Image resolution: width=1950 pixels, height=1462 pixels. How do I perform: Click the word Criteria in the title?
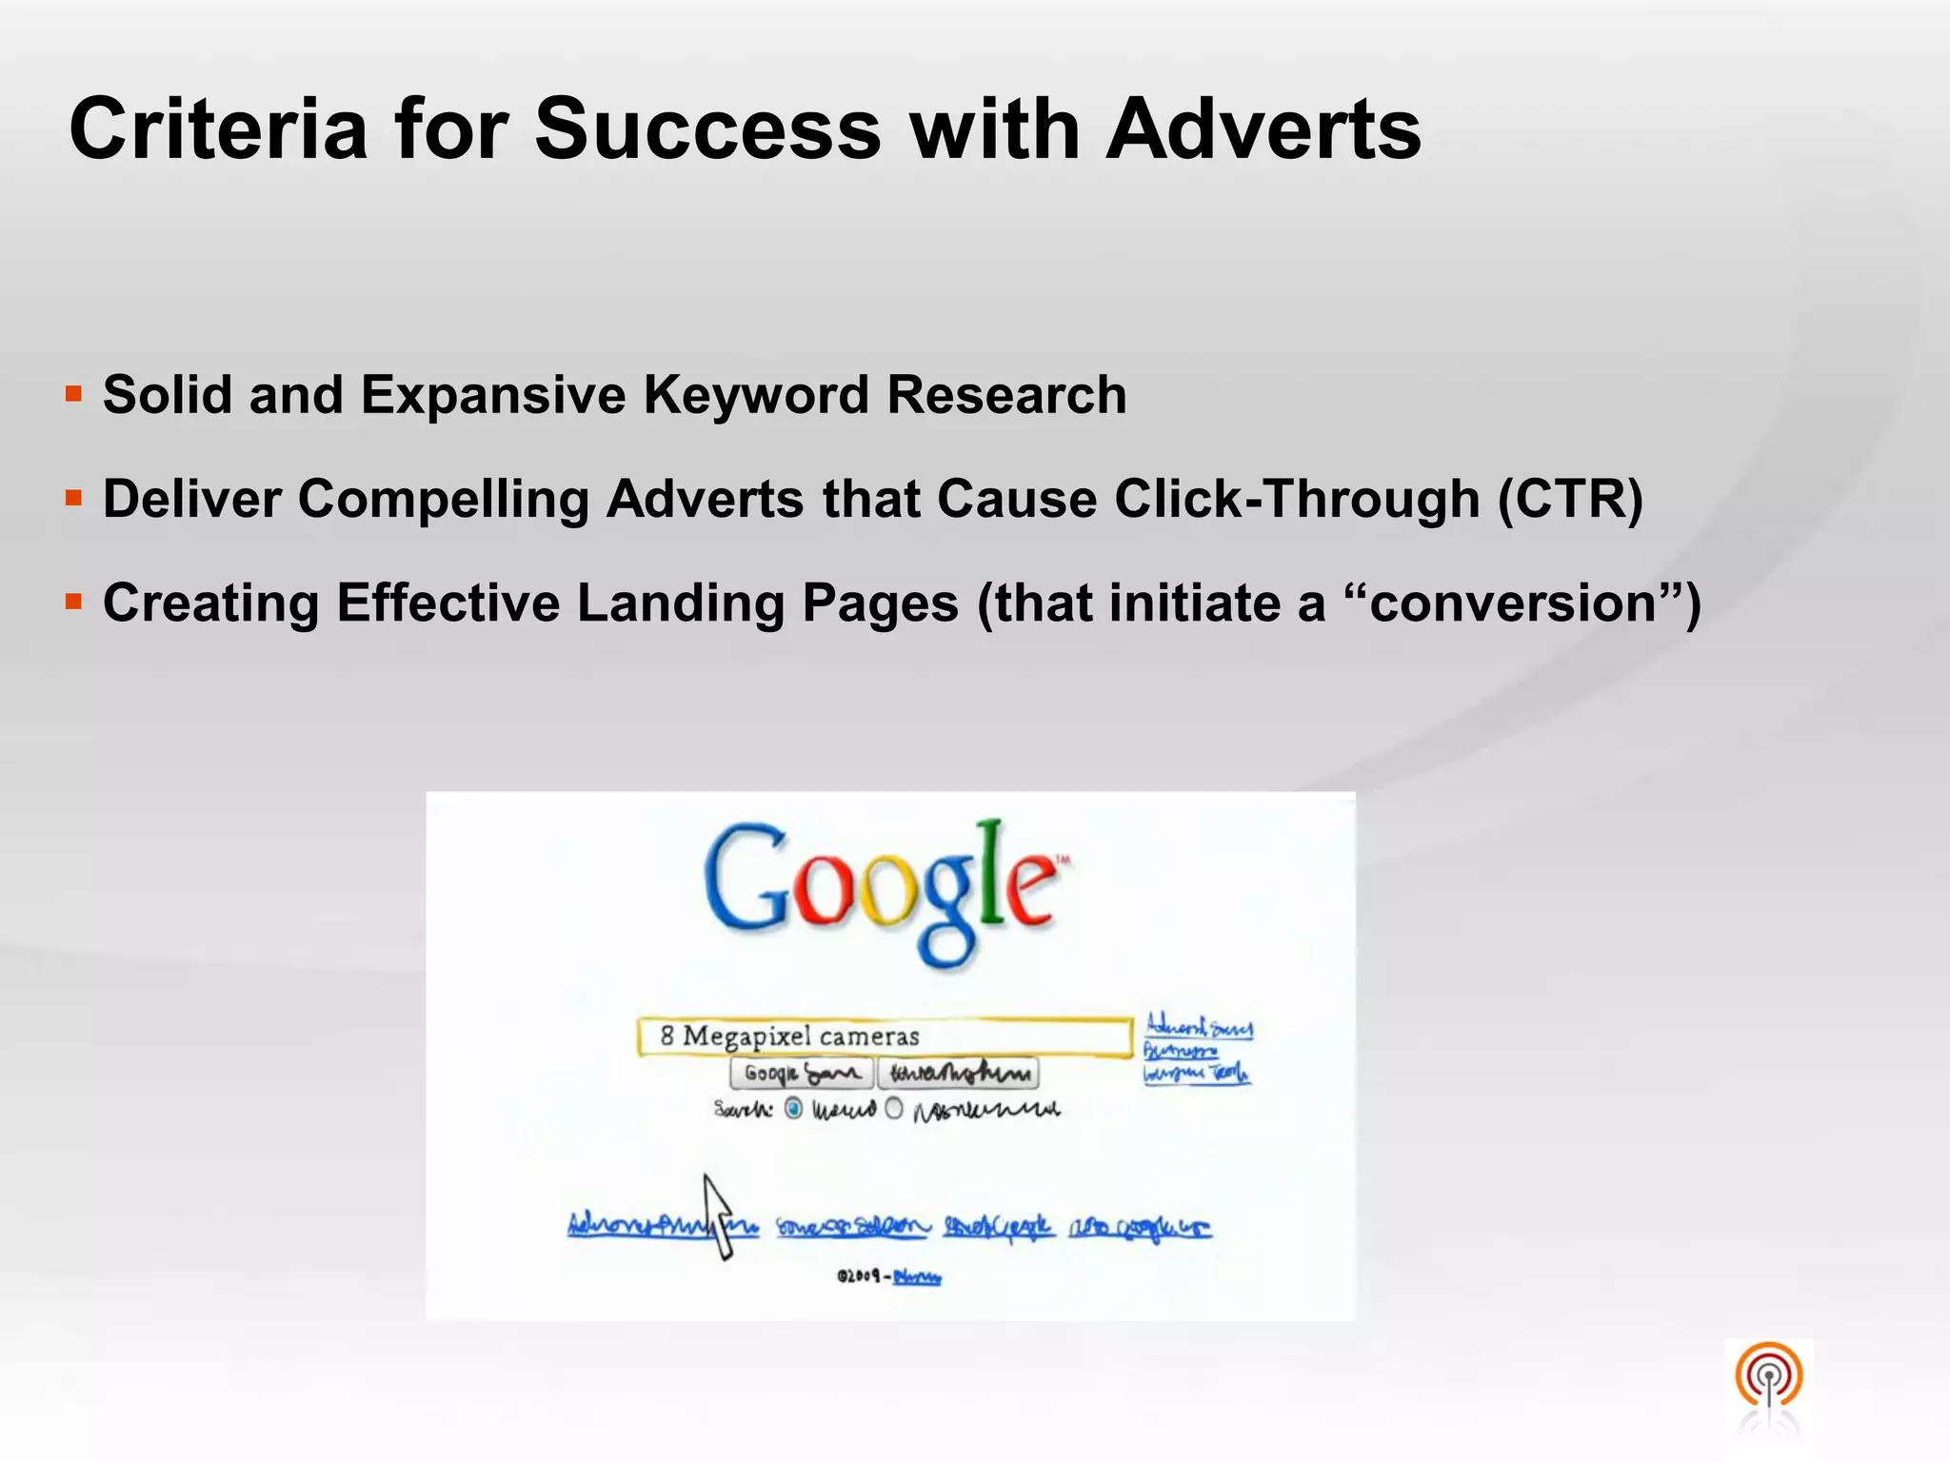coord(218,129)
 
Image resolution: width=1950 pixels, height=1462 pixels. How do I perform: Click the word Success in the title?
coord(707,129)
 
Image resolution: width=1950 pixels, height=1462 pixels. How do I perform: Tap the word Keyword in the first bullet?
coord(756,395)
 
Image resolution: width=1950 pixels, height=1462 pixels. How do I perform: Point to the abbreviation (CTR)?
coord(1570,499)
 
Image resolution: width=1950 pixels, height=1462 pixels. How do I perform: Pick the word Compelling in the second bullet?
coord(444,501)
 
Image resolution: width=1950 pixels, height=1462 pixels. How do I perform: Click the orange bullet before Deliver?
coord(74,497)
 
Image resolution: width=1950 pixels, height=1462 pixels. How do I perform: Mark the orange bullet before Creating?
coord(74,602)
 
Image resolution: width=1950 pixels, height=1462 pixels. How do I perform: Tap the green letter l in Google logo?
coord(991,871)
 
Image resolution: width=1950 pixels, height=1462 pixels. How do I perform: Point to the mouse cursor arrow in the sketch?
coord(718,1215)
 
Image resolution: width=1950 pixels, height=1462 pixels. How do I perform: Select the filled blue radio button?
coord(793,1109)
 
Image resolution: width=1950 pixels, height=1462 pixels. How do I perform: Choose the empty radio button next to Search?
coord(894,1109)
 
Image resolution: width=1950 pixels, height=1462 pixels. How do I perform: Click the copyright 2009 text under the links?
coord(859,1276)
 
